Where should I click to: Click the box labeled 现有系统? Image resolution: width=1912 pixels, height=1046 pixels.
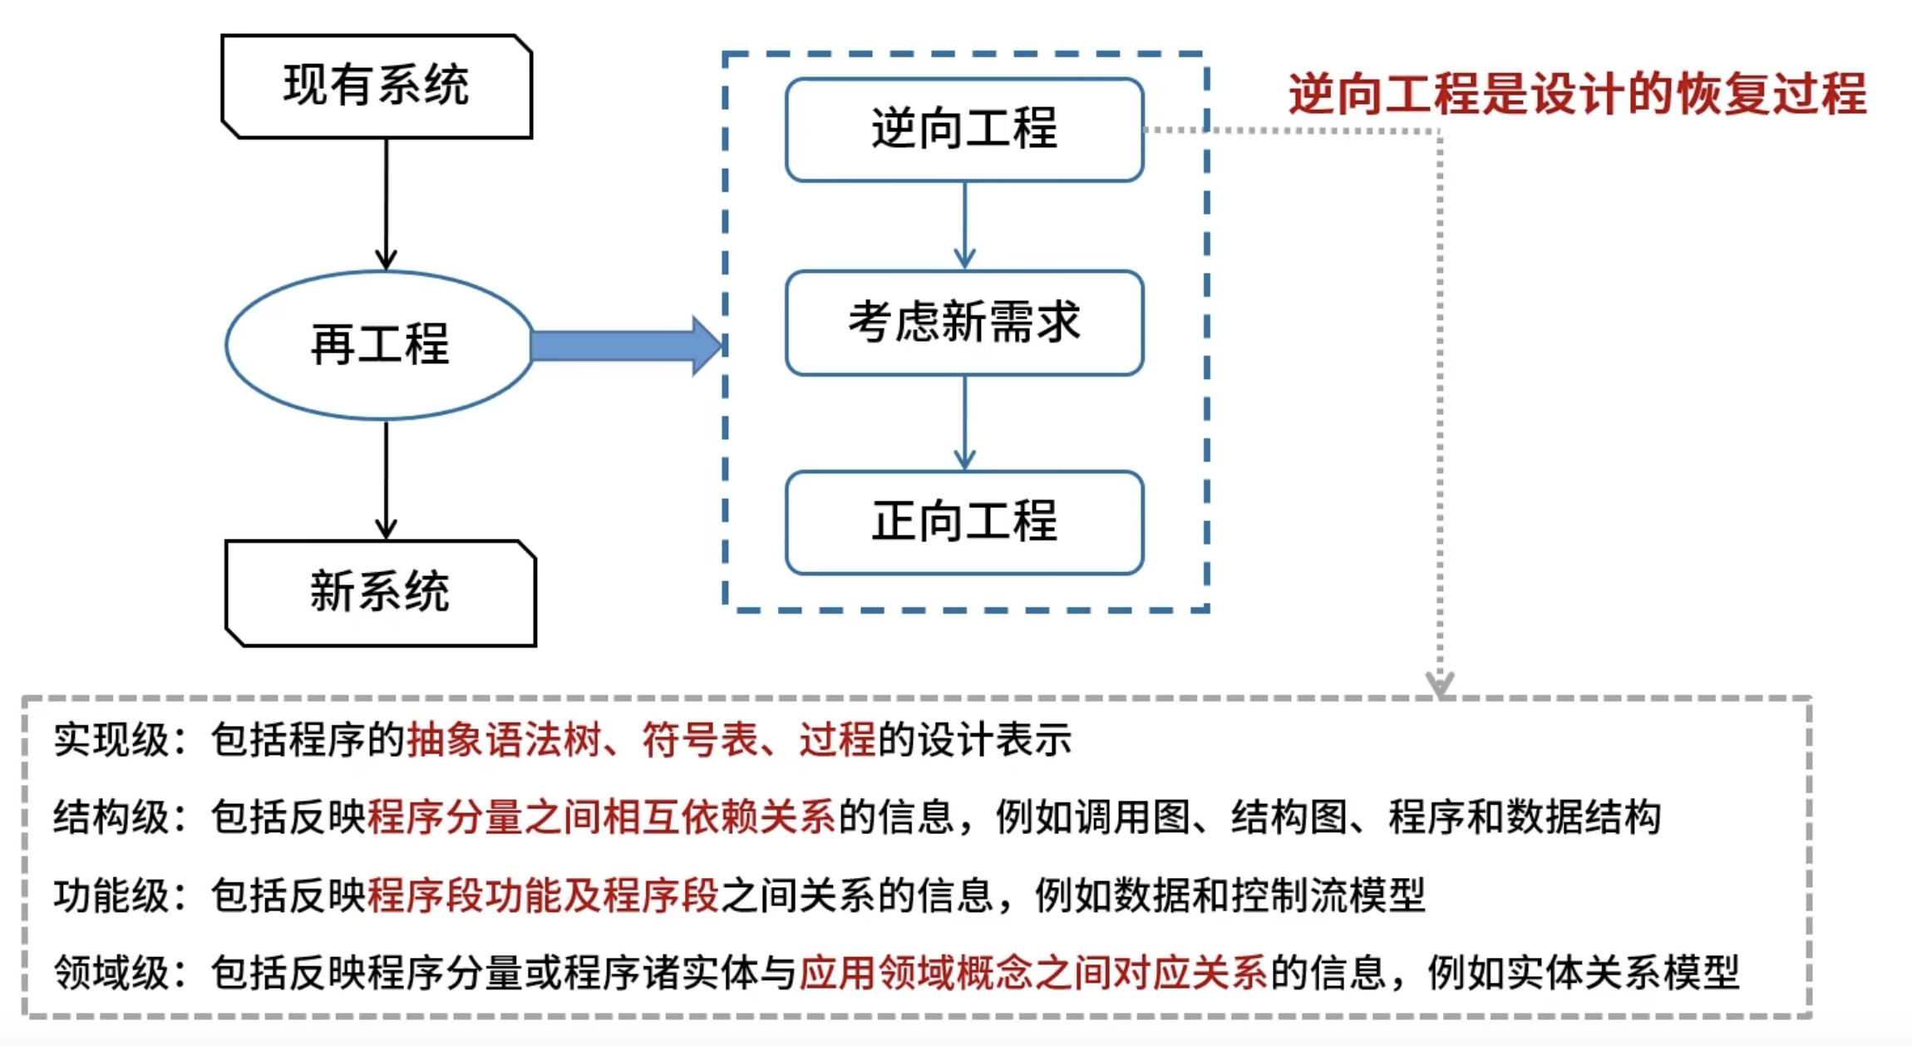[x=377, y=86]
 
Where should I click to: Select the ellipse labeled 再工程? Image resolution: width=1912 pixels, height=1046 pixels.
[x=379, y=345]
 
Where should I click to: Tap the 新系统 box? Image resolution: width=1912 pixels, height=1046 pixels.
[x=381, y=593]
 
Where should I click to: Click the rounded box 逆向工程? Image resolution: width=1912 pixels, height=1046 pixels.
[x=964, y=130]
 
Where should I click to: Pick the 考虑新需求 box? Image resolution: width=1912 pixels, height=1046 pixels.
[x=964, y=323]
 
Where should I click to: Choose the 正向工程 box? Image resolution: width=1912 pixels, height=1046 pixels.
[x=964, y=522]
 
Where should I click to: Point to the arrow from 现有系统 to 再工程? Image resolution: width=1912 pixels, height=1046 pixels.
[x=386, y=204]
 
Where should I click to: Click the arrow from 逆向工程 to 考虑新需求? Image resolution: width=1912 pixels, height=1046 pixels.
[x=964, y=224]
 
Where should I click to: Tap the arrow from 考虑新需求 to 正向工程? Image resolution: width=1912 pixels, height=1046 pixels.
[x=964, y=422]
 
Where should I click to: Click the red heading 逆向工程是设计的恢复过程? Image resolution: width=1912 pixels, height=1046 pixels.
[x=1577, y=93]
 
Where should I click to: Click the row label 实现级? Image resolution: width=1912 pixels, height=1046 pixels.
[x=111, y=739]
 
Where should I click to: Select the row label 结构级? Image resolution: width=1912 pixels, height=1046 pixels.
[x=111, y=817]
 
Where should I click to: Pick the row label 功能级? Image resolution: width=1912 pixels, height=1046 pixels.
[x=111, y=896]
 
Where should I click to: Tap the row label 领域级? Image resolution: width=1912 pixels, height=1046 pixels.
[x=111, y=972]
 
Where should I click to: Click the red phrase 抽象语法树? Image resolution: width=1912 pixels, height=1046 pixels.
[x=504, y=739]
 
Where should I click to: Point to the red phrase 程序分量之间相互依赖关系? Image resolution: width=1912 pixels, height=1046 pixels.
[x=601, y=817]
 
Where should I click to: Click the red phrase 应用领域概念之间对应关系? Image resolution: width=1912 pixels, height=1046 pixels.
[x=1033, y=972]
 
